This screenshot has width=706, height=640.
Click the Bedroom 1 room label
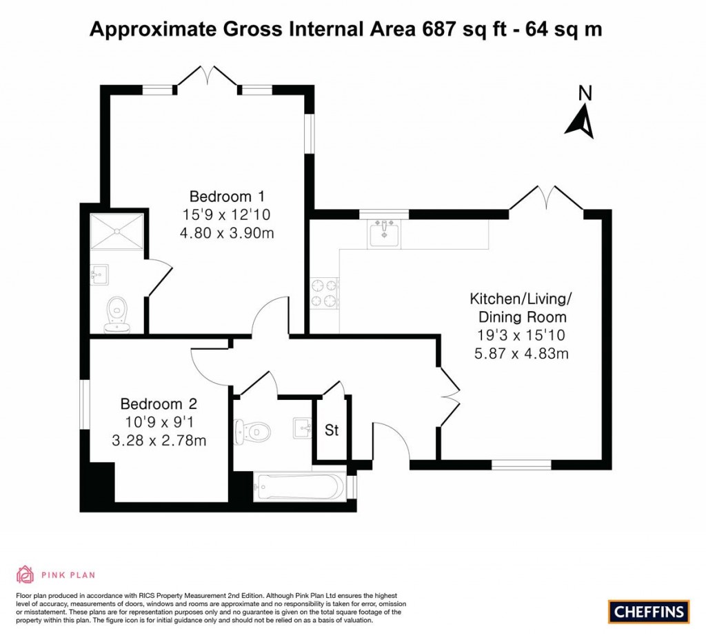coord(227,195)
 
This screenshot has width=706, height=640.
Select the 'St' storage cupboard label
coord(332,430)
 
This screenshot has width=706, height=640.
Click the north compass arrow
coord(581,118)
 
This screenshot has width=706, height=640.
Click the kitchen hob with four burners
coord(325,293)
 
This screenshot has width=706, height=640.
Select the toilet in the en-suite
coord(118,314)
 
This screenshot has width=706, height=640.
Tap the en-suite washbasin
coord(99,275)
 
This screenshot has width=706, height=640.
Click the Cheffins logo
coord(649,611)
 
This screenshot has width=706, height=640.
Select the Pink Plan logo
coord(55,574)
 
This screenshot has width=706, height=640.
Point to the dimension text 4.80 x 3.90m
coord(227,233)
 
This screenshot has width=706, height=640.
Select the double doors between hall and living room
coord(449,397)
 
